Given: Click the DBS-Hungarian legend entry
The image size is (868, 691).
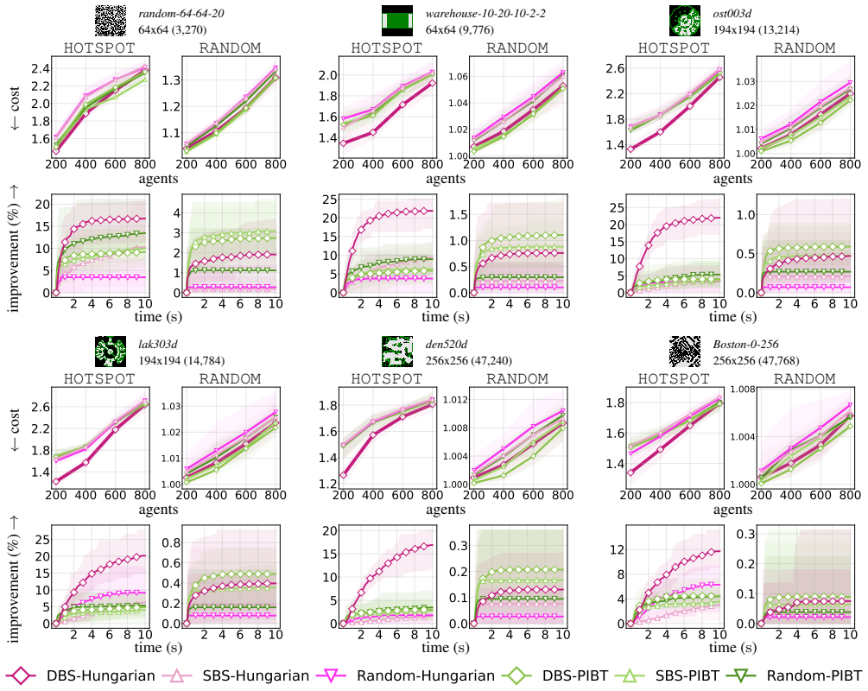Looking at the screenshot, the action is tap(80, 675).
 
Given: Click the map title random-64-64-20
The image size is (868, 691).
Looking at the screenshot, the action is tap(181, 13).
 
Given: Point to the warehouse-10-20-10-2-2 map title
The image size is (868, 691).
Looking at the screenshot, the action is tap(485, 13).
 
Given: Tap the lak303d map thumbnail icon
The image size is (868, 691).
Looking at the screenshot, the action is tap(111, 352).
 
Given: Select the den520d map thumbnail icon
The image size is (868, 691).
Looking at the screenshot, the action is tap(397, 352).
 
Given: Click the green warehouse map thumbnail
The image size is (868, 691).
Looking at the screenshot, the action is tap(397, 21).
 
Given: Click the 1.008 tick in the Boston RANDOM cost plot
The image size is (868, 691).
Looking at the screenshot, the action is tap(743, 389).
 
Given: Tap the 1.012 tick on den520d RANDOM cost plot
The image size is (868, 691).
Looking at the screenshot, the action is tap(455, 400).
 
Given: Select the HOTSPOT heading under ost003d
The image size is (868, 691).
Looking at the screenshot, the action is tap(674, 48).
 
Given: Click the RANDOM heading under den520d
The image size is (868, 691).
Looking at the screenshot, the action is tap(517, 378).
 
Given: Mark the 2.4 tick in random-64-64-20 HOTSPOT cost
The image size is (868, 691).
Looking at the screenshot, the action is tap(41, 68).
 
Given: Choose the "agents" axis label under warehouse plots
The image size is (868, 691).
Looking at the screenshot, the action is tap(446, 179).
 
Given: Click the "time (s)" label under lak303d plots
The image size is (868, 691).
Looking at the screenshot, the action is tap(158, 647).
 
